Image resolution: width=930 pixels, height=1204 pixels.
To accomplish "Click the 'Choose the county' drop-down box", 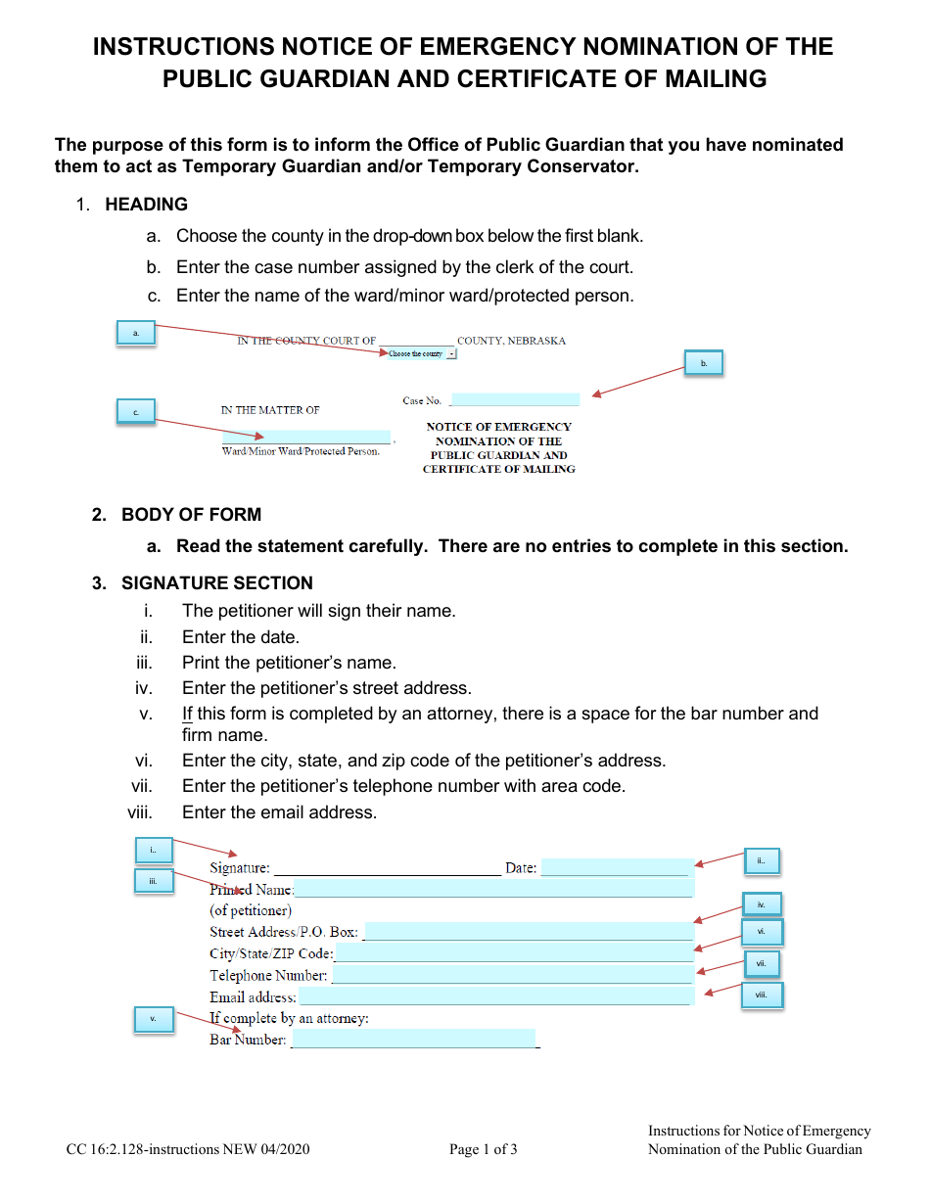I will [421, 353].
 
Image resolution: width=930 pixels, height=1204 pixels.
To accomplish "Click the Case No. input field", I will [515, 399].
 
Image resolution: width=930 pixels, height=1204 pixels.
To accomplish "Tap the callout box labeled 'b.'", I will [703, 363].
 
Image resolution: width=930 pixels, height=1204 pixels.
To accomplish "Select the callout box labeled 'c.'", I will [136, 412].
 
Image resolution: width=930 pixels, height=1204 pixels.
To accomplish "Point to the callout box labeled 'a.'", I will [135, 334].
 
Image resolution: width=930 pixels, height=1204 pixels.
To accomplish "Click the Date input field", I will [615, 867].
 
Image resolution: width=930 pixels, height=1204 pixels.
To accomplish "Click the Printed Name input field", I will [493, 889].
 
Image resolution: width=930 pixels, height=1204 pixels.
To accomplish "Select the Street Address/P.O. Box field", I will [528, 931].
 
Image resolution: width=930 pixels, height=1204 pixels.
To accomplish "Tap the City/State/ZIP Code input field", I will [513, 953].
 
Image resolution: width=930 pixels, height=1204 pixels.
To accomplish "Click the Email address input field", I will [494, 996].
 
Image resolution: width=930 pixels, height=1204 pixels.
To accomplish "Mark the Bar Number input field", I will [413, 1039].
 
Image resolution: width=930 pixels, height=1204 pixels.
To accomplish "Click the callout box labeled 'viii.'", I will [762, 996].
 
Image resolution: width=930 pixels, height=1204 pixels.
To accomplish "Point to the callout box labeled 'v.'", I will [153, 1019].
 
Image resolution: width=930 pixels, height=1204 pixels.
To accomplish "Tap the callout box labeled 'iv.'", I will [761, 904].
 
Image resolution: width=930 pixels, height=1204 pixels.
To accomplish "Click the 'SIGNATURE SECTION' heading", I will [216, 583].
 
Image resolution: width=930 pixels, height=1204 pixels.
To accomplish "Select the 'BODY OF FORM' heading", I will [191, 515].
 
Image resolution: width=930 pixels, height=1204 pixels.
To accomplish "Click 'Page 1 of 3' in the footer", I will [484, 1149].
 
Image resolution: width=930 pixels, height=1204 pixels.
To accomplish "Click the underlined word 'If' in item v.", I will [187, 714].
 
